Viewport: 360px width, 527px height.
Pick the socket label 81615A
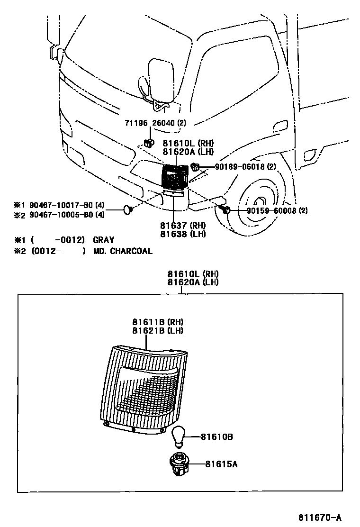coord(221,464)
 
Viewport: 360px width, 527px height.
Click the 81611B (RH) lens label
coord(158,322)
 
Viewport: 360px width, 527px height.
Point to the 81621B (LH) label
coord(158,330)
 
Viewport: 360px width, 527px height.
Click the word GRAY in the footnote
coord(103,240)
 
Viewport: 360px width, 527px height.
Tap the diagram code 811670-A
coord(320,517)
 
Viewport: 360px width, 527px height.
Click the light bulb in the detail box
coord(178,436)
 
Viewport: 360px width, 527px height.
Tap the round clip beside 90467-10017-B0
coord(127,209)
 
